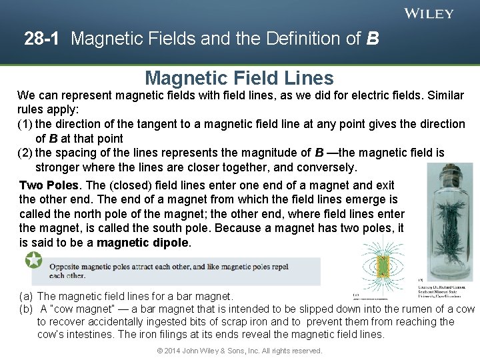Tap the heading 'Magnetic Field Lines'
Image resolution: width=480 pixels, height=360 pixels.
pyautogui.click(x=239, y=78)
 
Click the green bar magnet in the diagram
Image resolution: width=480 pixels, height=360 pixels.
pyautogui.click(x=382, y=267)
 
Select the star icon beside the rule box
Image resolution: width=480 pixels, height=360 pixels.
pyautogui.click(x=33, y=260)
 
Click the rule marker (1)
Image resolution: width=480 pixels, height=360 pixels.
pyautogui.click(x=25, y=124)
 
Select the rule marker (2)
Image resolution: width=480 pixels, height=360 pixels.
pyautogui.click(x=25, y=153)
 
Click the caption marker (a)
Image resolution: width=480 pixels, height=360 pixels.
pyautogui.click(x=26, y=296)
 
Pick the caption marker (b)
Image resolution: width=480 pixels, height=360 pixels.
pyautogui.click(x=26, y=309)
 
